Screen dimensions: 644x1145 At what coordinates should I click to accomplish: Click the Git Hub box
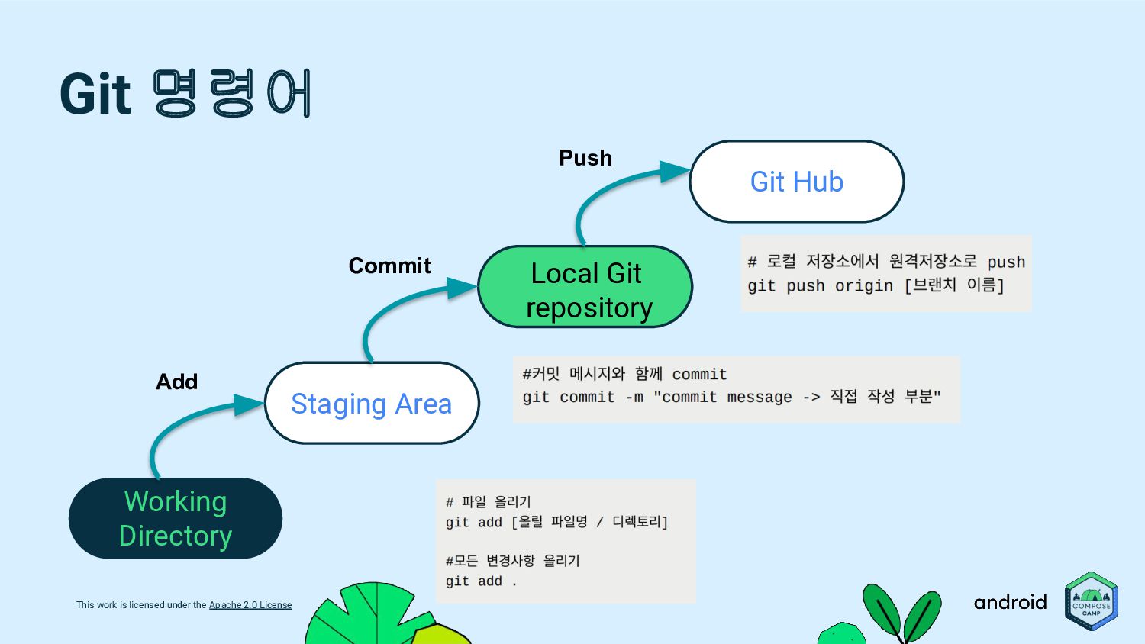(796, 182)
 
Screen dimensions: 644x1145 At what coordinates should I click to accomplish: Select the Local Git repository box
(585, 288)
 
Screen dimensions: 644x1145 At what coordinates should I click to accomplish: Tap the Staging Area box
(372, 404)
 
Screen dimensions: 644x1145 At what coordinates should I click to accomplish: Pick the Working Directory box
(176, 519)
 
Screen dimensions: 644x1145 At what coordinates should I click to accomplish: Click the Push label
(585, 158)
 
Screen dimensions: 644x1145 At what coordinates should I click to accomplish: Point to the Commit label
(389, 266)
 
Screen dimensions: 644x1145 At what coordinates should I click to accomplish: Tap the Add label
(176, 382)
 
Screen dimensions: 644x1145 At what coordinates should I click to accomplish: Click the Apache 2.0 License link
(250, 605)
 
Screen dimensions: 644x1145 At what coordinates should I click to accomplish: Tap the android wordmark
(1010, 602)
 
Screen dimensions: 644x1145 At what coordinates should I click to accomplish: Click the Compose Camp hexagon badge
(1092, 601)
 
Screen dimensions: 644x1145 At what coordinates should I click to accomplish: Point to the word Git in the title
(95, 95)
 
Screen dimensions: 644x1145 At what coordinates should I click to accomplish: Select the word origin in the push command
(863, 286)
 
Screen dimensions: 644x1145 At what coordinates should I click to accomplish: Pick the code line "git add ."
(481, 581)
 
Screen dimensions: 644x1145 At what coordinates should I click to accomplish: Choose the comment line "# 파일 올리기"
(489, 502)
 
